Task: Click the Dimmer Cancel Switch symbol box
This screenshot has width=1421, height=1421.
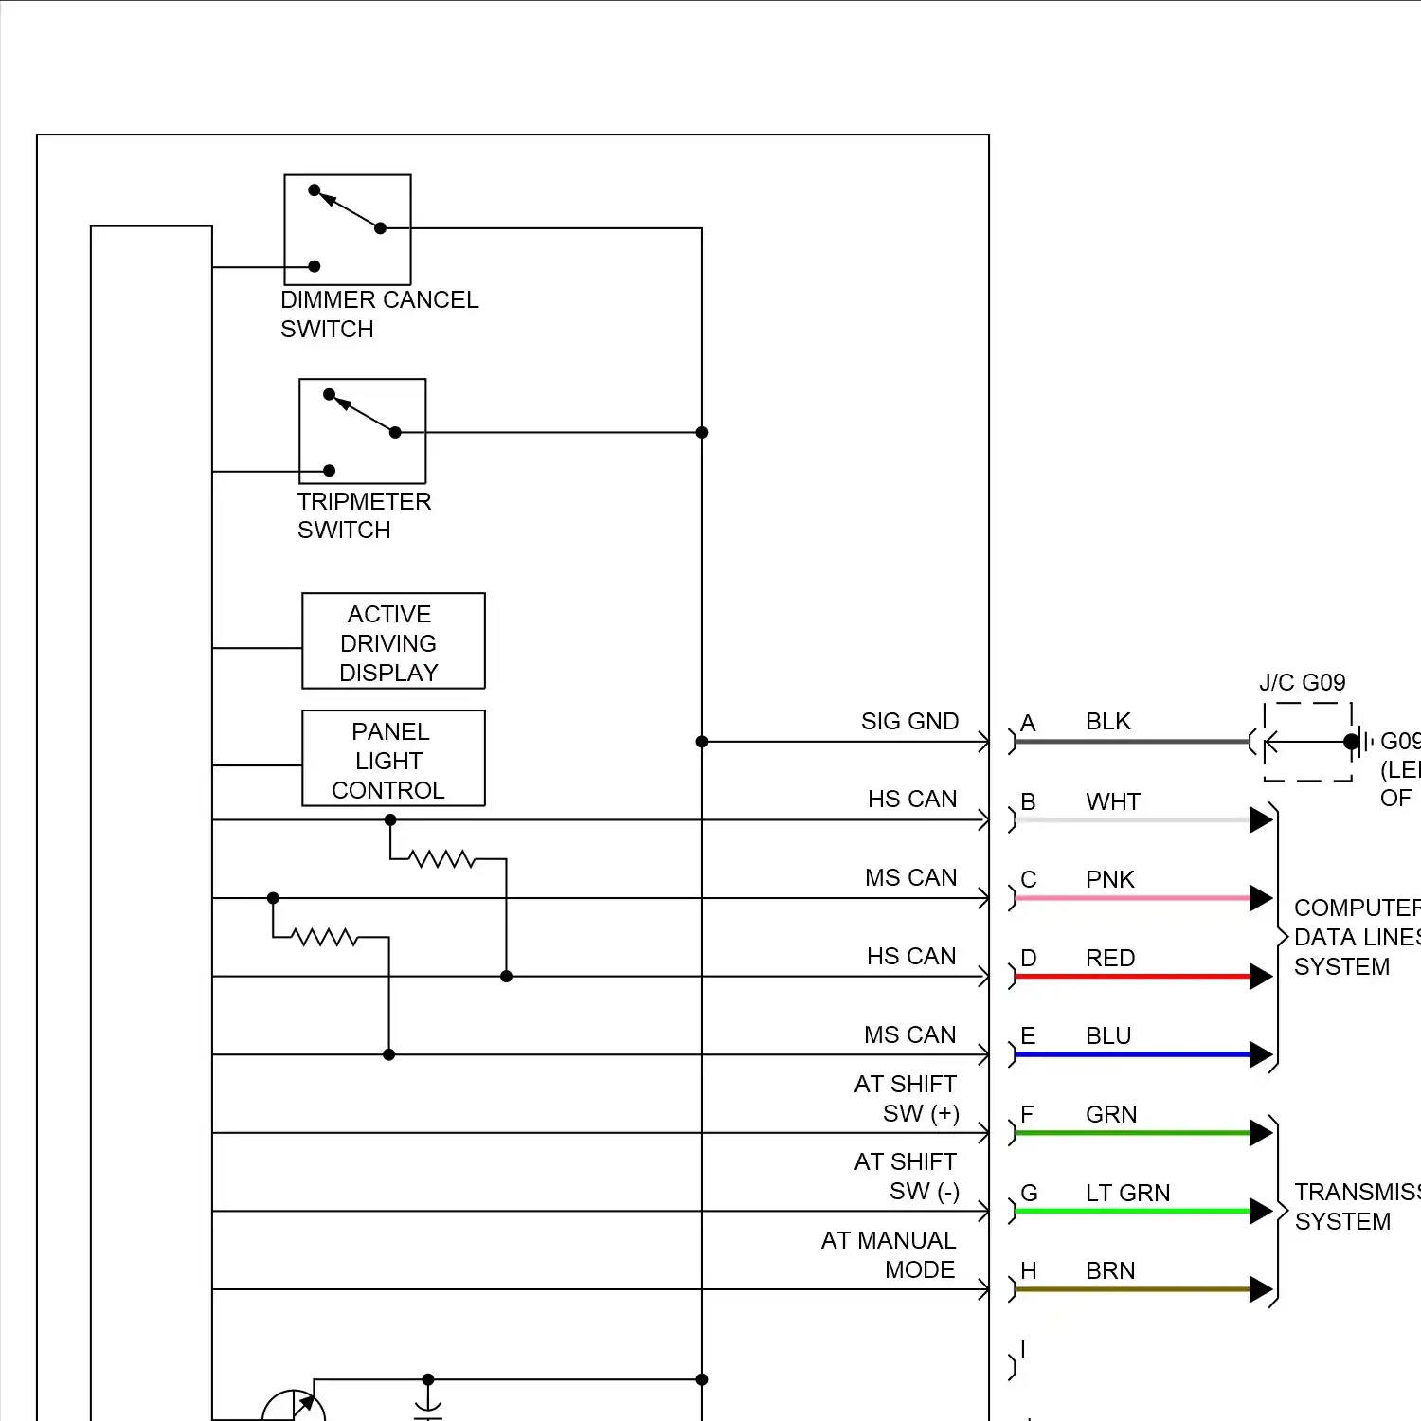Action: tap(348, 229)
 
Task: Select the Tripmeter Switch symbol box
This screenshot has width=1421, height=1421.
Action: tap(362, 431)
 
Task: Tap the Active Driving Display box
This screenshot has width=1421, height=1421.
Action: tap(393, 641)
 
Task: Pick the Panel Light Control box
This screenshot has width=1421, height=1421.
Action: tap(393, 759)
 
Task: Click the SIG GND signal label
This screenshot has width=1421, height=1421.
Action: tap(909, 722)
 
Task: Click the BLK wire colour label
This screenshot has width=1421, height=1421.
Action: tap(1108, 722)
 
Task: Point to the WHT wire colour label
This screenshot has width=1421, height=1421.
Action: tap(1113, 802)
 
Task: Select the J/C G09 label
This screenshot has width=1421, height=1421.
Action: tap(1302, 683)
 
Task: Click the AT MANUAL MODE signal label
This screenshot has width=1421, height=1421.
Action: tap(889, 1255)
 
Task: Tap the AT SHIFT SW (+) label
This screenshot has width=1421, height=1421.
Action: tap(906, 1099)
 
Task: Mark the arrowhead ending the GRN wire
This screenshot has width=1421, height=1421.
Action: tap(1261, 1133)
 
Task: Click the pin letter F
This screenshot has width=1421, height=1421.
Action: tap(1027, 1115)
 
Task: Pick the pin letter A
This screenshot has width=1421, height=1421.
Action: tap(1028, 724)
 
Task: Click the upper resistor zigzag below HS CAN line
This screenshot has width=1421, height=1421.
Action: tap(441, 859)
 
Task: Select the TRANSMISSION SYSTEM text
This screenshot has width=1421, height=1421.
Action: tap(1355, 1207)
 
